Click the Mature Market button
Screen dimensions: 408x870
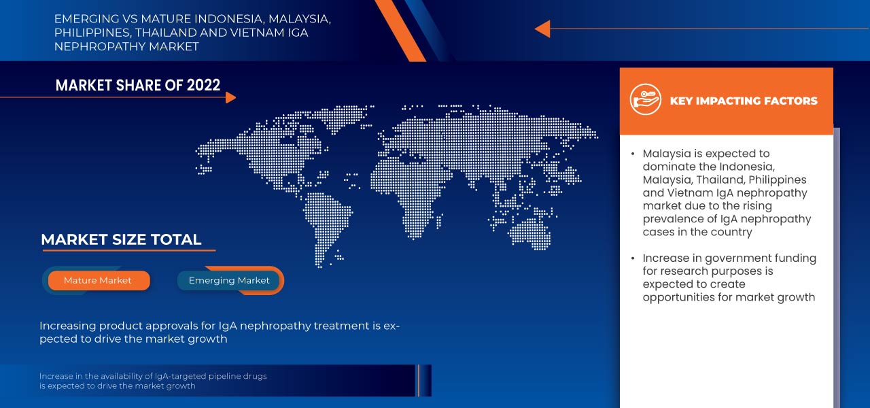(98, 280)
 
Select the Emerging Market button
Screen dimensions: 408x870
(229, 280)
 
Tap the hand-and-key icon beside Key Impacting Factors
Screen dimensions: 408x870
(645, 100)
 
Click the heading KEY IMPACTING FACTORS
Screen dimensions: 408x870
(744, 101)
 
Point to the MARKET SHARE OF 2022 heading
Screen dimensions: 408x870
(138, 85)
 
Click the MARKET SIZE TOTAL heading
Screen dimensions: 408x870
(121, 239)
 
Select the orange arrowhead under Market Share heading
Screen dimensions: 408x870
(230, 97)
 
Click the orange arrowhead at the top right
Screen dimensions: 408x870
(542, 29)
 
